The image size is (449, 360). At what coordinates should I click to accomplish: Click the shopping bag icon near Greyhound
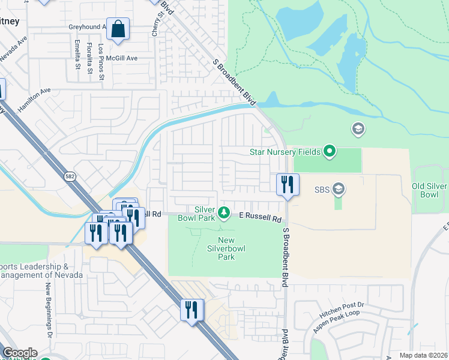[x=119, y=29]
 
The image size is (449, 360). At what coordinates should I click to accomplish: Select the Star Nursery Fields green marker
[x=329, y=151]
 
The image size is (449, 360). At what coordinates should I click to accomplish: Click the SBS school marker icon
[x=338, y=190]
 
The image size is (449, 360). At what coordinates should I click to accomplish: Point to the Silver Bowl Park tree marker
[x=224, y=212]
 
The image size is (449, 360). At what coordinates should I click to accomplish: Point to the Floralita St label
[x=89, y=55]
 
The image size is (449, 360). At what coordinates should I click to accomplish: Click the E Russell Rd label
[x=260, y=217]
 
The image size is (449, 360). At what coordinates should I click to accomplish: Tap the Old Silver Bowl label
[x=430, y=191]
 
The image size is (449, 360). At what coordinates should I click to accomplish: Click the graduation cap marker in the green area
[x=358, y=129]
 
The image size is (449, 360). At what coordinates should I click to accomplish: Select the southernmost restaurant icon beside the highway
[x=191, y=310]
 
